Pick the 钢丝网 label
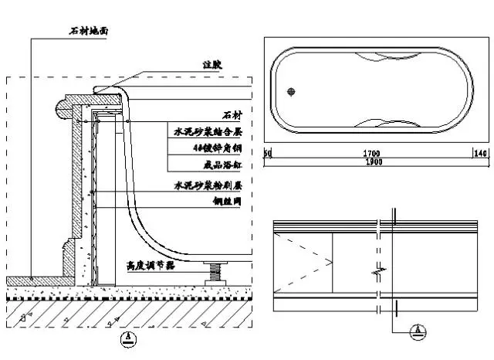coord(228,202)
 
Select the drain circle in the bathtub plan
coord(291,93)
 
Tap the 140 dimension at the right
coord(482,153)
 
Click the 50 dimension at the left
coord(268,153)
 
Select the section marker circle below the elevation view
coord(418,331)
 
